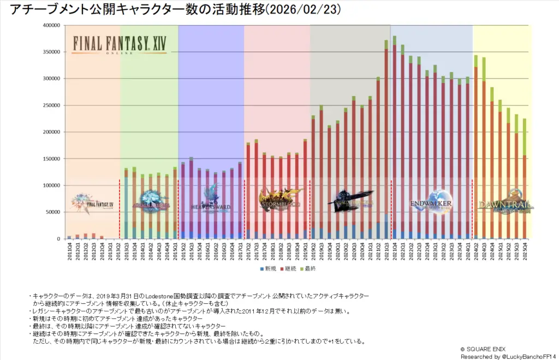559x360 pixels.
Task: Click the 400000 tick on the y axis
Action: tap(50, 25)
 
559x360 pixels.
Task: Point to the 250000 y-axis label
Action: tap(50, 105)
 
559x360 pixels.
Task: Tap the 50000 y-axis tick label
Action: tap(52, 213)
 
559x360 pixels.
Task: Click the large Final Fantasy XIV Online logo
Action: tap(120, 44)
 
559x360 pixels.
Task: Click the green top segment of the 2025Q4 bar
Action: tap(525, 137)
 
